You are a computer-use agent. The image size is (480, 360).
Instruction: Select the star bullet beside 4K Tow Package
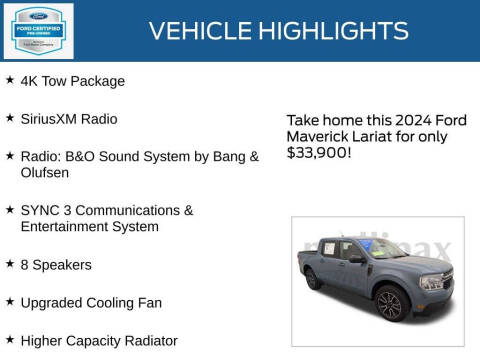10,79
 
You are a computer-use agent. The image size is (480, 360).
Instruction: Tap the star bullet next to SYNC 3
10,210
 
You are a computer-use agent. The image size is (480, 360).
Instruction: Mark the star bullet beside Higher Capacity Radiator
10,340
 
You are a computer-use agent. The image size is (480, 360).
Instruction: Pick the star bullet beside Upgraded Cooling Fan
10,302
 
